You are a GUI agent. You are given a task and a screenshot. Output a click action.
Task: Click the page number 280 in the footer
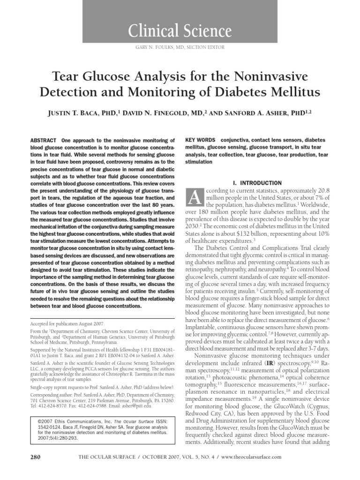(x=36, y=456)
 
